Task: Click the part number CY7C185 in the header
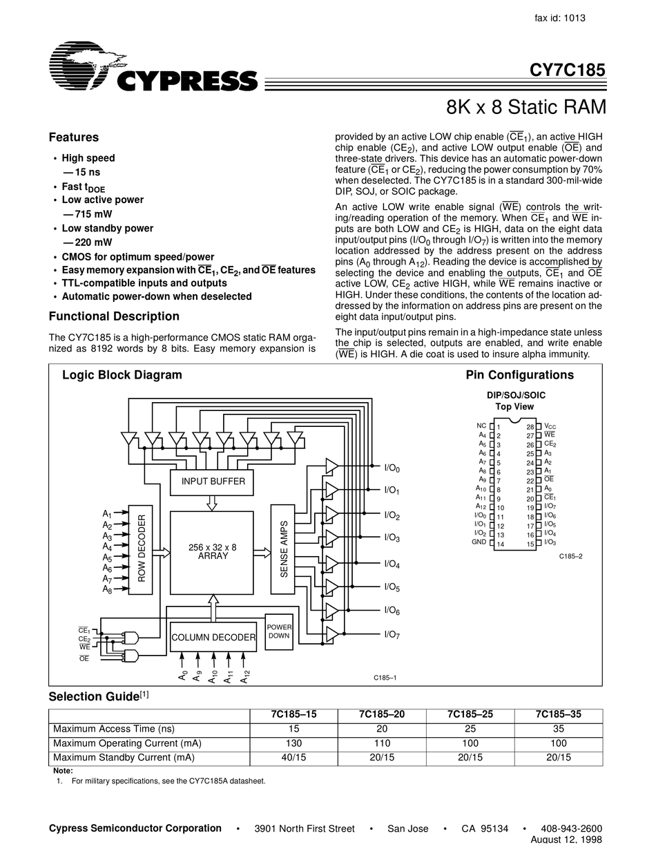pos(567,70)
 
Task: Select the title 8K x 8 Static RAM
pos(526,108)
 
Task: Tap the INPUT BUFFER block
pos(213,482)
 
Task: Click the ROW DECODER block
pos(141,549)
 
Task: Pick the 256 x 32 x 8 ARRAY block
pos(212,552)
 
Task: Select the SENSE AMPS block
pos(283,549)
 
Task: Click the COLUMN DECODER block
pos(213,637)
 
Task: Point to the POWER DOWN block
pos(279,631)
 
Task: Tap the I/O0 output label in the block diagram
pos(392,468)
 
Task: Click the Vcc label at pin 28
pos(550,427)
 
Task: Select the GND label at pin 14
pos(479,543)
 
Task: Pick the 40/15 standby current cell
pos(293,758)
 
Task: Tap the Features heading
pos(73,137)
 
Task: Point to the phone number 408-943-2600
pos(571,828)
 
